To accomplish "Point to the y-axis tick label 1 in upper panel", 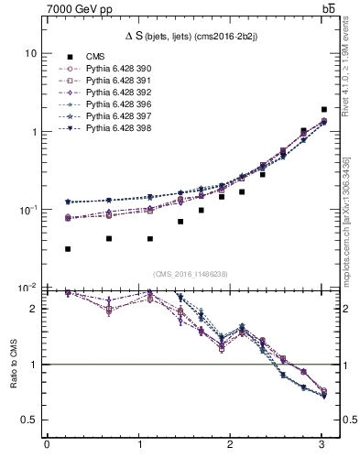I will coord(33,132).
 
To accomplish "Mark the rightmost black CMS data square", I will coord(324,109).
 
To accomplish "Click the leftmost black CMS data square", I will coord(69,248).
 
